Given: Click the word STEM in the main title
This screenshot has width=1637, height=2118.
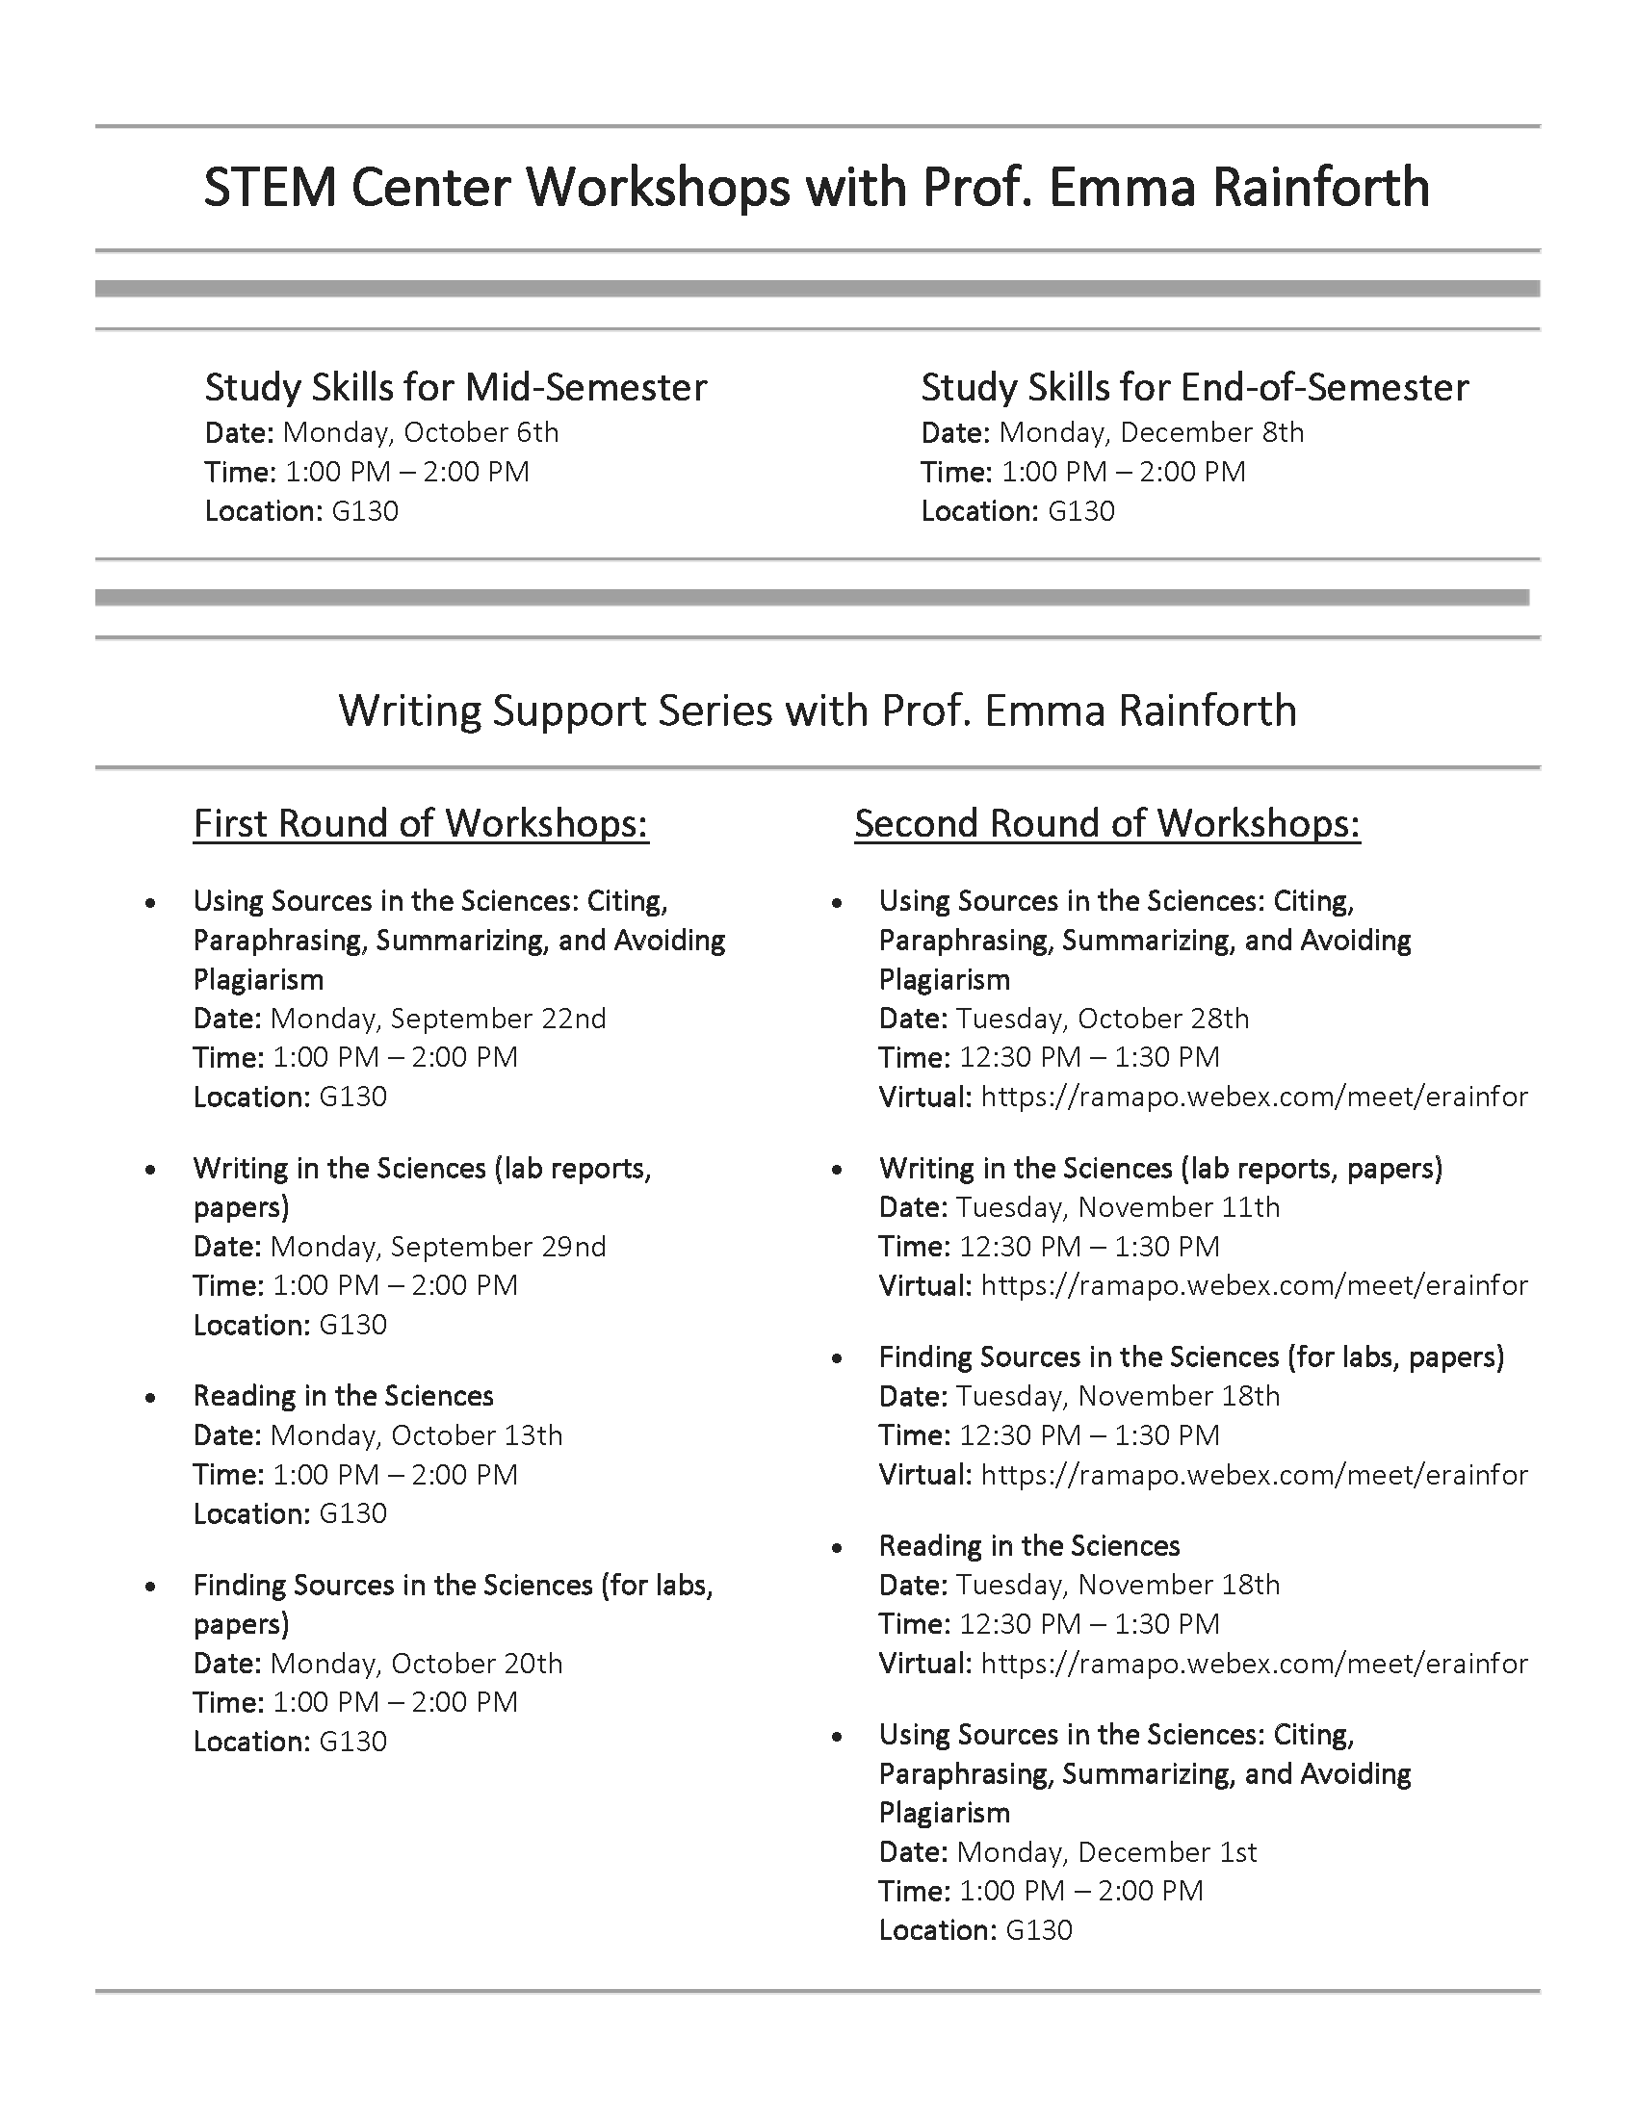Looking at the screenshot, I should tap(270, 188).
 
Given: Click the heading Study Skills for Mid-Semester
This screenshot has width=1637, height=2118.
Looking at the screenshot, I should tap(455, 388).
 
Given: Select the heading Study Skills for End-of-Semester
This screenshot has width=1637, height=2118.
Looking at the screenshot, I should tap(1194, 388).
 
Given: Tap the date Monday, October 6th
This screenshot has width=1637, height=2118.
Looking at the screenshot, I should tap(421, 432).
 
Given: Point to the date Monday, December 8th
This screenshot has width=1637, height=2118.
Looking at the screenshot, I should tap(1151, 432).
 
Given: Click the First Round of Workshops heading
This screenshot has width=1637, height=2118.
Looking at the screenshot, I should tap(421, 823).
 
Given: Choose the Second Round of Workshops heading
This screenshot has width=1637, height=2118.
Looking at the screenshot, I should tap(1107, 823).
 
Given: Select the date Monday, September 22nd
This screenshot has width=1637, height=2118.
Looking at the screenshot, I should tap(438, 1019).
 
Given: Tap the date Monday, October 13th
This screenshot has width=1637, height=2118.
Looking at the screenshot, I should tap(417, 1435).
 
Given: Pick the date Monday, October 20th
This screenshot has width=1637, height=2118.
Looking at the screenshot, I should tap(417, 1664).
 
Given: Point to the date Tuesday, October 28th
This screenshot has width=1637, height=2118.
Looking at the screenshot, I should tap(1103, 1019).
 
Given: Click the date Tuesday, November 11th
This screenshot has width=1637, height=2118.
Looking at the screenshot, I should tap(1118, 1207).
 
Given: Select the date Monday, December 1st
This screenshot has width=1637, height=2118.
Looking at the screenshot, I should tap(1106, 1852).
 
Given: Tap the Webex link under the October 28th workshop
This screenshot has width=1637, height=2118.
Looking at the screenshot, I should tap(1254, 1097).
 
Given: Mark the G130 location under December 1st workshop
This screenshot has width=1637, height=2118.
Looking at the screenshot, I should tap(1039, 1930).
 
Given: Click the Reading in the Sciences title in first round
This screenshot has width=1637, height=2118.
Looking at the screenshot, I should tap(344, 1397).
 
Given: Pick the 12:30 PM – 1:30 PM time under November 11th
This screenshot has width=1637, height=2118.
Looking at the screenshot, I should tap(1089, 1246).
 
